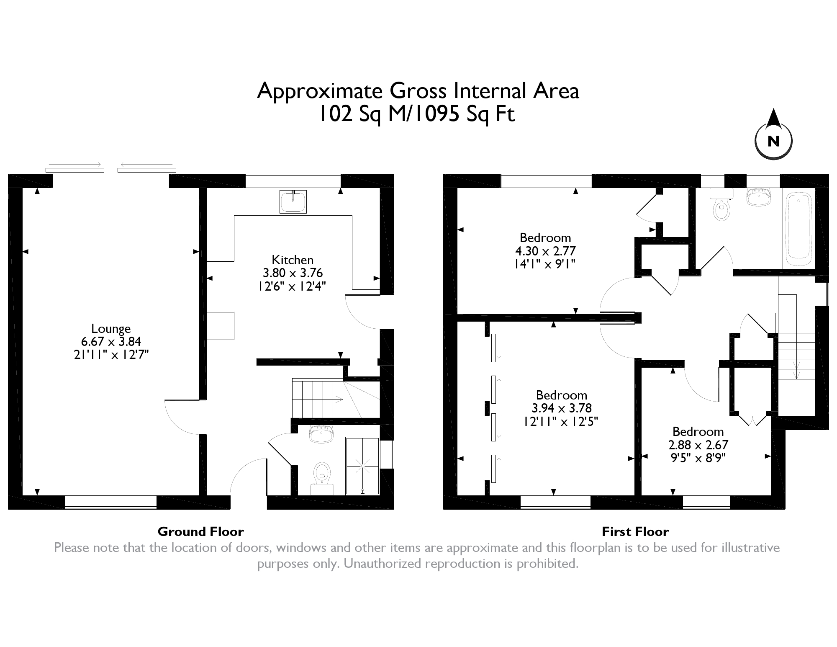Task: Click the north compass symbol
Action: click(773, 134)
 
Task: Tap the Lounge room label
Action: click(111, 329)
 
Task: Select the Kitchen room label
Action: click(293, 260)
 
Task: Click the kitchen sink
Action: click(293, 201)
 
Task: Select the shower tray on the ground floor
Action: click(362, 466)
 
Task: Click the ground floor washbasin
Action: click(321, 434)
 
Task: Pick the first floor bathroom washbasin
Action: click(758, 197)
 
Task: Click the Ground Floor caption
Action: click(200, 532)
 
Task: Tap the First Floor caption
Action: click(635, 532)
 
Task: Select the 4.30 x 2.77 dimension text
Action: click(545, 251)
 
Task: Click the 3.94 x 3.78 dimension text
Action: click(562, 408)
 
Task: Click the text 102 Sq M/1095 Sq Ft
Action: click(417, 114)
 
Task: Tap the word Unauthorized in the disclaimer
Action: click(383, 564)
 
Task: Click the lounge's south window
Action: click(111, 502)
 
